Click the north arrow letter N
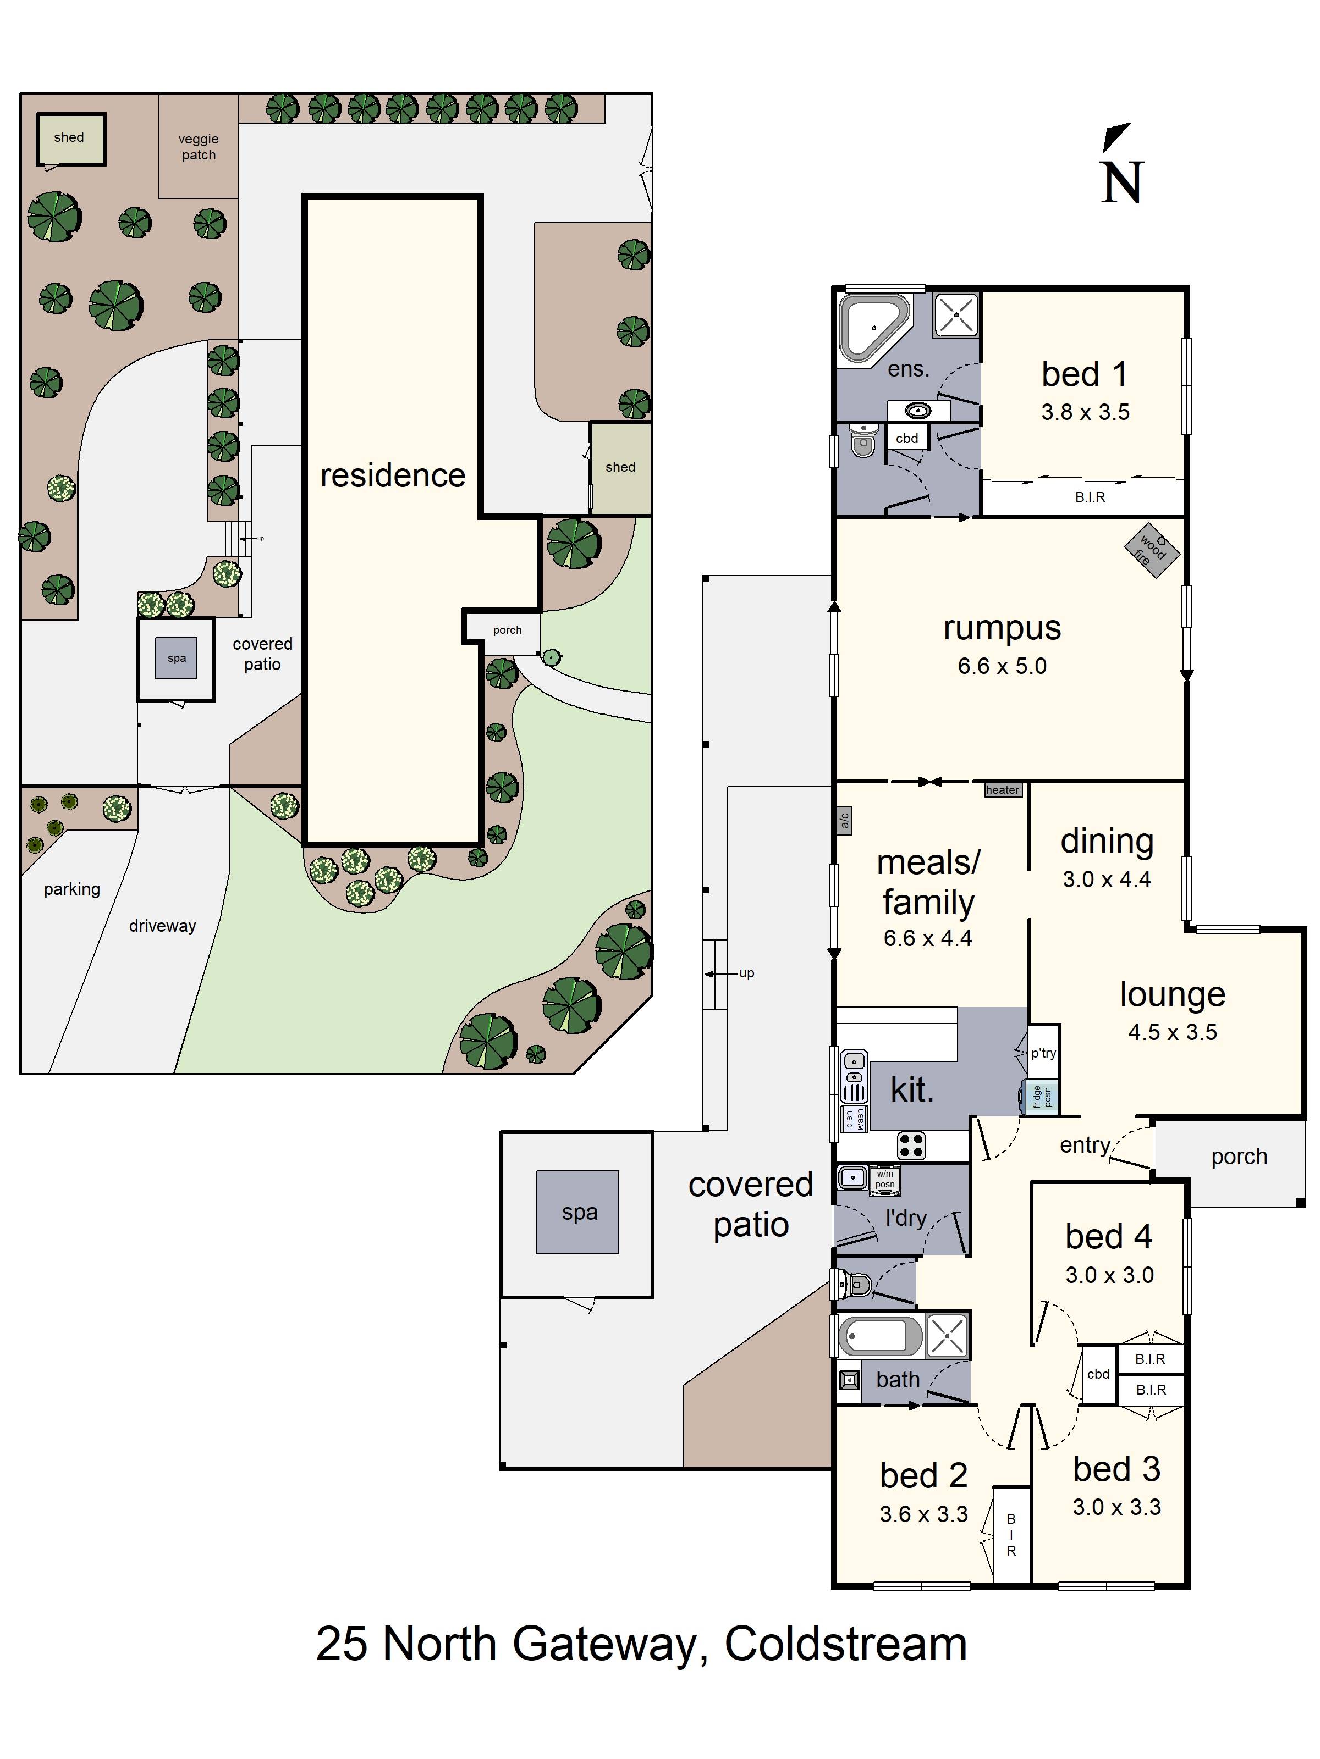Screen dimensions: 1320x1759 coord(1122,182)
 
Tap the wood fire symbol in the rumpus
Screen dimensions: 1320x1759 coord(1151,550)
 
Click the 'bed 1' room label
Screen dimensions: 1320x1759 coord(1085,374)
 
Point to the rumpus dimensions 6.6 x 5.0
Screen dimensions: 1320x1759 coord(1002,666)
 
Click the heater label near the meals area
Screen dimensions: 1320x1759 coord(1003,790)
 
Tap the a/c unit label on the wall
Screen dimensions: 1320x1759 coord(844,820)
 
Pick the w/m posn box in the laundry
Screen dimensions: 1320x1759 coord(885,1179)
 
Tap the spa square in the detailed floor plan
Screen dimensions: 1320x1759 coord(577,1212)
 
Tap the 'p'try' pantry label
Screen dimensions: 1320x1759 coord(1043,1053)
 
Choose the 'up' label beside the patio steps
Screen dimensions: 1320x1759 coord(746,973)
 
